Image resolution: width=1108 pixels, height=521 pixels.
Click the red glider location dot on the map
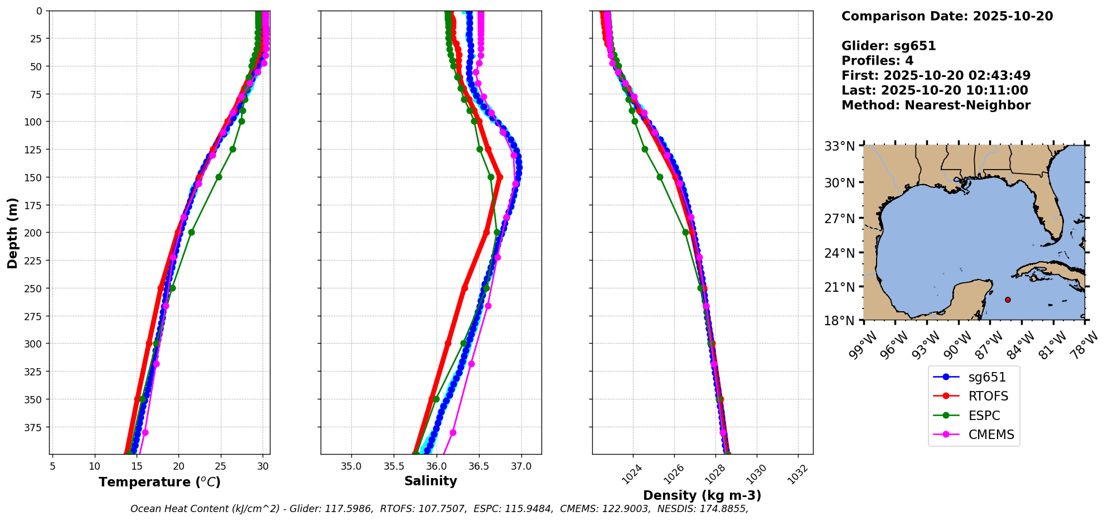[1008, 300]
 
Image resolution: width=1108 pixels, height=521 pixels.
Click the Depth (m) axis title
[12, 233]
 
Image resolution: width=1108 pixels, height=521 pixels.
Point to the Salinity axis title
[430, 481]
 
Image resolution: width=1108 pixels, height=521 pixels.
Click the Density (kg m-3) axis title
[702, 495]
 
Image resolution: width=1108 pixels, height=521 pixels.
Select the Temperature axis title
[159, 482]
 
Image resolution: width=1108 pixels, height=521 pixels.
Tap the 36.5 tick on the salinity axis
[478, 466]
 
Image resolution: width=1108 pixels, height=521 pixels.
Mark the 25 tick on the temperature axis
[220, 466]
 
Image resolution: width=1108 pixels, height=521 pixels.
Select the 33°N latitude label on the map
[840, 147]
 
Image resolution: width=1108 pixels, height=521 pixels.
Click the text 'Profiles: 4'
[877, 61]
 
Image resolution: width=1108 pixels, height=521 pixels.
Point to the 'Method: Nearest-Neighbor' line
[936, 105]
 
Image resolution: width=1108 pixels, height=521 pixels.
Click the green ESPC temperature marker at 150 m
[219, 177]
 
